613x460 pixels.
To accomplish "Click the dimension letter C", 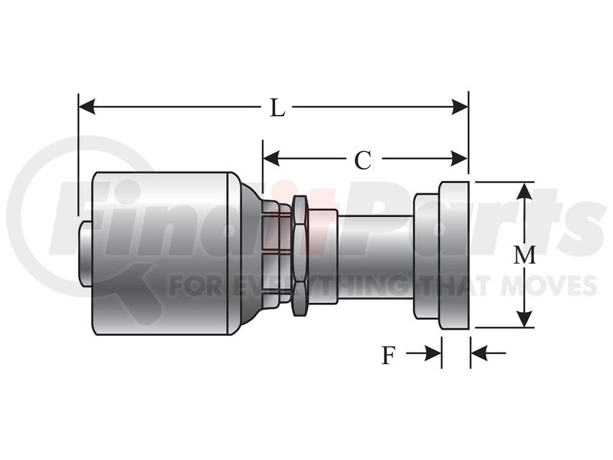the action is pos(362,160).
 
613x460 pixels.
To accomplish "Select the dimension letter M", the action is pos(524,255).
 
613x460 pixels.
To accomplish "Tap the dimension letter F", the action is pos(388,356).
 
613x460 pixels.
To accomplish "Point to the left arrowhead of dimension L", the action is pos(87,107).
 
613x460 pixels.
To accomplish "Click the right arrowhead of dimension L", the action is pos(460,107).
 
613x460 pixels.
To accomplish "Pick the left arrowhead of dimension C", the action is pos(271,159).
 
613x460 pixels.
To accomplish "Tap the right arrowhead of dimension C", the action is pos(459,159).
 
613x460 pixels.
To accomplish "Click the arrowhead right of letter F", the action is pos(433,353).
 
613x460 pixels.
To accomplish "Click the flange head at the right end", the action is pos(454,255).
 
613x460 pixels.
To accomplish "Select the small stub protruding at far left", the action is pos(85,255).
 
